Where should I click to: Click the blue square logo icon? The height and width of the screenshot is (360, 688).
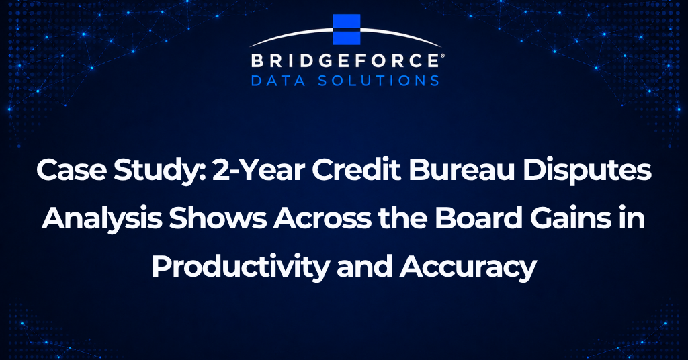click(x=347, y=30)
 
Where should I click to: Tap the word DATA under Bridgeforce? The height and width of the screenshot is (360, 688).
click(x=277, y=81)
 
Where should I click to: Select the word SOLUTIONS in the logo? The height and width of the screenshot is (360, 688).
click(x=378, y=81)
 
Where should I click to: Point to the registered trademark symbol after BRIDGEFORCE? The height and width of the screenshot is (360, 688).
click(x=441, y=56)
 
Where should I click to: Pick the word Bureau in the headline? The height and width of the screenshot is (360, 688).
click(x=462, y=170)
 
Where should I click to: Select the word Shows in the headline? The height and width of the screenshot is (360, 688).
click(x=218, y=218)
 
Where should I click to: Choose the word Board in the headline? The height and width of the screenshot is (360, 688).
click(x=478, y=218)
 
